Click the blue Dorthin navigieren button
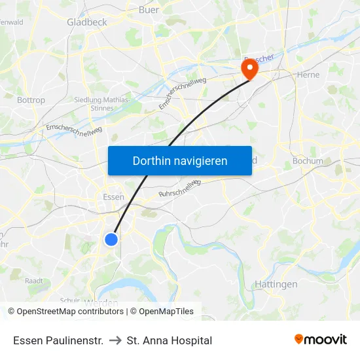(x=179, y=160)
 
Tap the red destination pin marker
(x=249, y=68)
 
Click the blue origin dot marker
(x=111, y=240)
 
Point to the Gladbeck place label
(x=86, y=22)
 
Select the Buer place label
(x=149, y=10)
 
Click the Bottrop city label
(x=31, y=100)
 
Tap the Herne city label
(x=308, y=75)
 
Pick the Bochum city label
(x=308, y=160)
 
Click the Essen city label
(x=114, y=197)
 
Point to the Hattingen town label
(x=275, y=284)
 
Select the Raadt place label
(x=34, y=280)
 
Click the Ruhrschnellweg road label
(x=178, y=190)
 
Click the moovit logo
(x=321, y=339)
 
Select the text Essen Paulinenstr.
(x=58, y=340)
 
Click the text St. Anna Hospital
(x=170, y=340)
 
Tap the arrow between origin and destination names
(x=115, y=340)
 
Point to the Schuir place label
(x=69, y=300)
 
